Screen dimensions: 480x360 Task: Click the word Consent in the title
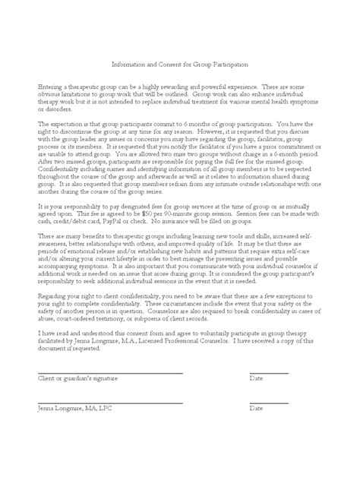[172, 65]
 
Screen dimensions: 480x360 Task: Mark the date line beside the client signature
[269, 374]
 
